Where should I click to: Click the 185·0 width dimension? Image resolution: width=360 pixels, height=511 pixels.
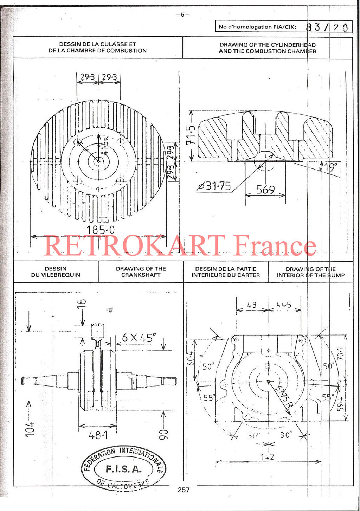point(101,230)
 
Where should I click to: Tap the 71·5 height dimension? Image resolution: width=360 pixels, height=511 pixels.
point(191,135)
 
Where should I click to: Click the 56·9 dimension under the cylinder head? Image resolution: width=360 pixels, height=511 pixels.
point(265,190)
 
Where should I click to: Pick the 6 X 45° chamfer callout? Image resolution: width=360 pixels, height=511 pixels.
point(138,338)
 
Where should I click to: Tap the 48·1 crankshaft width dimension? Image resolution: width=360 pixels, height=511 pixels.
point(98,435)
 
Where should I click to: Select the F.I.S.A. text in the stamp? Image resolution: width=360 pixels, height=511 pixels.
point(123,469)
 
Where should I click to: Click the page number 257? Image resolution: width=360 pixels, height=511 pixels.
point(184,490)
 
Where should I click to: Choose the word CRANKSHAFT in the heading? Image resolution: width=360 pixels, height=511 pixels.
point(141,275)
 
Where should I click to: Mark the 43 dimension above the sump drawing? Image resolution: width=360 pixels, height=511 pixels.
point(252,305)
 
